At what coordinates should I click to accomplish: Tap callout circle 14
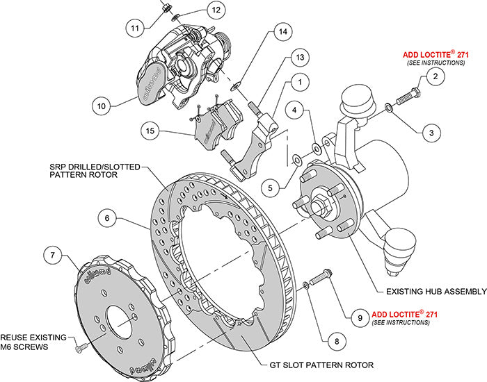pyautogui.click(x=281, y=32)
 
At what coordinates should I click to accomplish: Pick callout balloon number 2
pyautogui.click(x=433, y=76)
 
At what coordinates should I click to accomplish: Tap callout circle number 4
pyautogui.click(x=295, y=110)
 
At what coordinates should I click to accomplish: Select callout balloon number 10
pyautogui.click(x=102, y=106)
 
